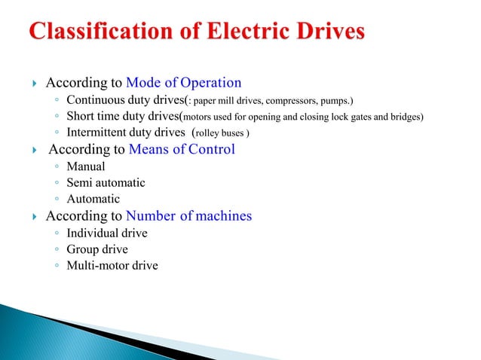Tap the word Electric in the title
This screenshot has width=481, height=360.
(x=255, y=32)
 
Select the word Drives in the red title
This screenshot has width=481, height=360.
(x=332, y=32)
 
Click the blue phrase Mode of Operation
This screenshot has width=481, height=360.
(x=184, y=83)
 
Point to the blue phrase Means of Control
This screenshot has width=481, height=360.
(x=182, y=149)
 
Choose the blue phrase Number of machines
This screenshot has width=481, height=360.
(x=188, y=216)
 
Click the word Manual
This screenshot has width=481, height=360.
(x=86, y=166)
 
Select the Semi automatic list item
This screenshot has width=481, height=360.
(x=106, y=183)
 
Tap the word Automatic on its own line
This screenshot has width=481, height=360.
(x=93, y=200)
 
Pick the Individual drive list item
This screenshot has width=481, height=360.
(x=107, y=233)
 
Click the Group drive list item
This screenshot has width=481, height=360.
(x=97, y=249)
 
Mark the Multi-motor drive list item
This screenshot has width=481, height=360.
(x=112, y=266)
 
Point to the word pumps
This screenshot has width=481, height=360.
(x=336, y=100)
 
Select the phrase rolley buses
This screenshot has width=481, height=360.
(x=222, y=133)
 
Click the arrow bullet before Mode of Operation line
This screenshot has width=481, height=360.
(x=34, y=84)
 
